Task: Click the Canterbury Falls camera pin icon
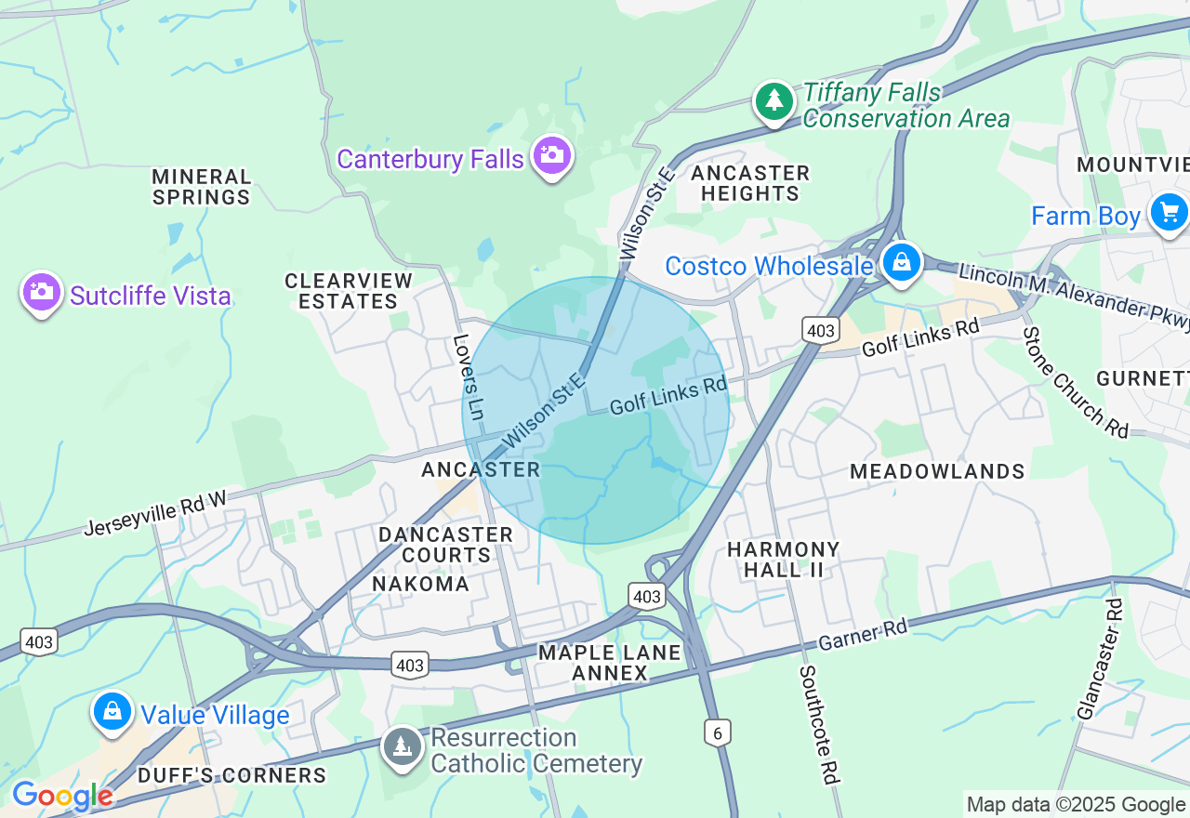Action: point(552,156)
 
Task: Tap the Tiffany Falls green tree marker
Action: point(773,100)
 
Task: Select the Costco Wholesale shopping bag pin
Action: point(901,263)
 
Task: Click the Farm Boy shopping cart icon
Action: point(1169,212)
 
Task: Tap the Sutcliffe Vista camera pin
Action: point(41,292)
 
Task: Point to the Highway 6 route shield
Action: point(717,732)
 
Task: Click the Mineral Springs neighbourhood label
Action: point(202,187)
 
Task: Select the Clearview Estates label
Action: point(349,291)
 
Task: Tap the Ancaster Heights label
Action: point(750,183)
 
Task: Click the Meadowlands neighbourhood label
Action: point(937,471)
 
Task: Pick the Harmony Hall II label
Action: point(784,560)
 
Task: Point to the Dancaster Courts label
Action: point(445,545)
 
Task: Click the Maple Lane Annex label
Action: point(610,663)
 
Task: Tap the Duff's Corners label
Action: point(231,775)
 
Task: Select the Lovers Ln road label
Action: point(469,376)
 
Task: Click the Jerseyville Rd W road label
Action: point(155,514)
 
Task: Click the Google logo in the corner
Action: point(62,796)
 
